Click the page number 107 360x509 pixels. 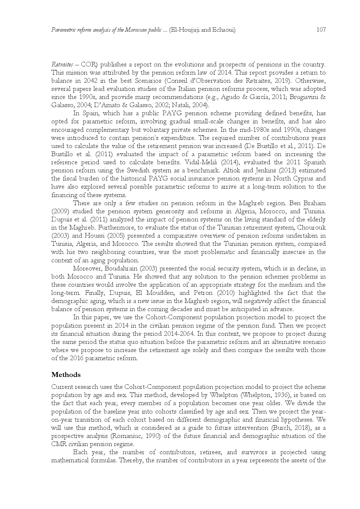[321, 30]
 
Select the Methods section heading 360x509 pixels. [66, 375]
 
